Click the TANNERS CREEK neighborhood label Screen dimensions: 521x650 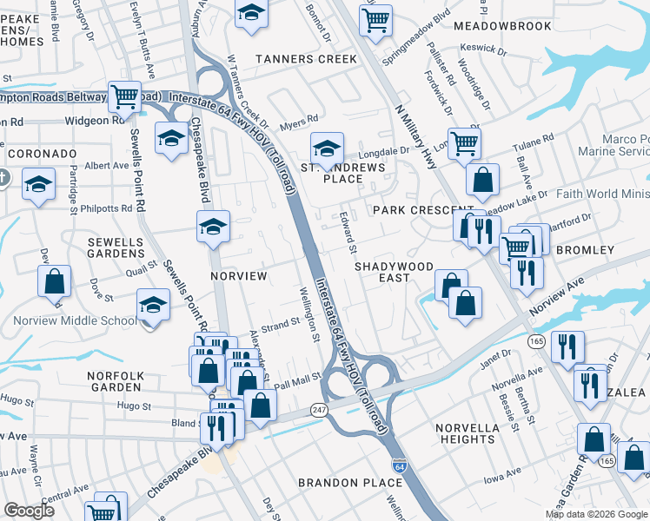click(x=306, y=59)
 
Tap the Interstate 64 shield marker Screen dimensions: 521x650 click(x=399, y=466)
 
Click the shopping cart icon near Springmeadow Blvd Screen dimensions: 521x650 click(x=375, y=18)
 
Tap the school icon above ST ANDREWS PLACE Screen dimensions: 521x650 click(x=327, y=147)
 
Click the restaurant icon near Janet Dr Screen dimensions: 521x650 click(x=567, y=345)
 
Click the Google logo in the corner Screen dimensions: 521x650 click(x=29, y=511)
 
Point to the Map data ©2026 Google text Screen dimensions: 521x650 click(x=596, y=514)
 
